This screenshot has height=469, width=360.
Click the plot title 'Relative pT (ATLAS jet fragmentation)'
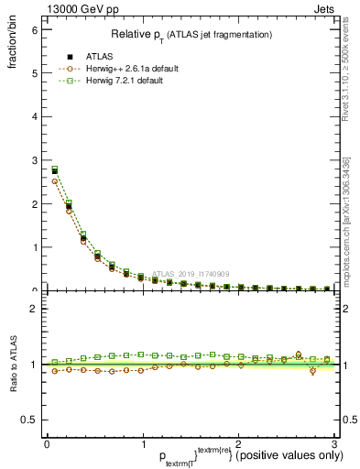click(x=191, y=34)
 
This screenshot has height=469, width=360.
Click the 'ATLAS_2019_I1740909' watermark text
click(x=192, y=273)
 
